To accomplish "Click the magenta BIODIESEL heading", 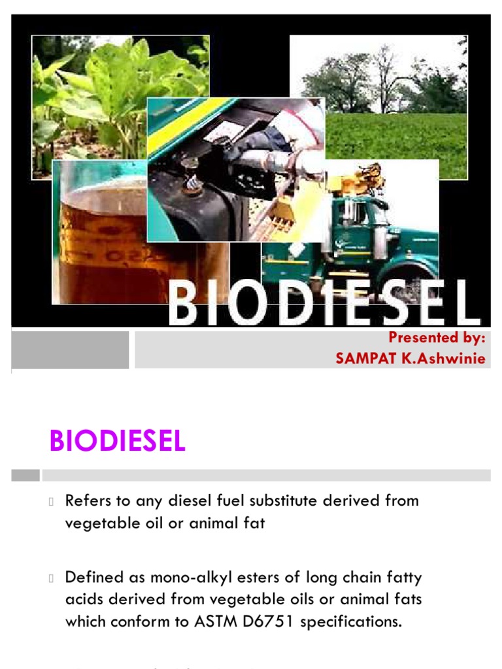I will pos(117,442).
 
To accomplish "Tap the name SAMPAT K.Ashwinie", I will pos(410,359).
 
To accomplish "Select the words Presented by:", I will pos(437,338).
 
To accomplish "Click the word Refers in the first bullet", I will pos(87,501).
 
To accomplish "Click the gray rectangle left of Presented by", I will pos(71,350).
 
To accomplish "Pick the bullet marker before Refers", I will pos(52,502).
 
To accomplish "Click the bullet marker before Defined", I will pos(52,578).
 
